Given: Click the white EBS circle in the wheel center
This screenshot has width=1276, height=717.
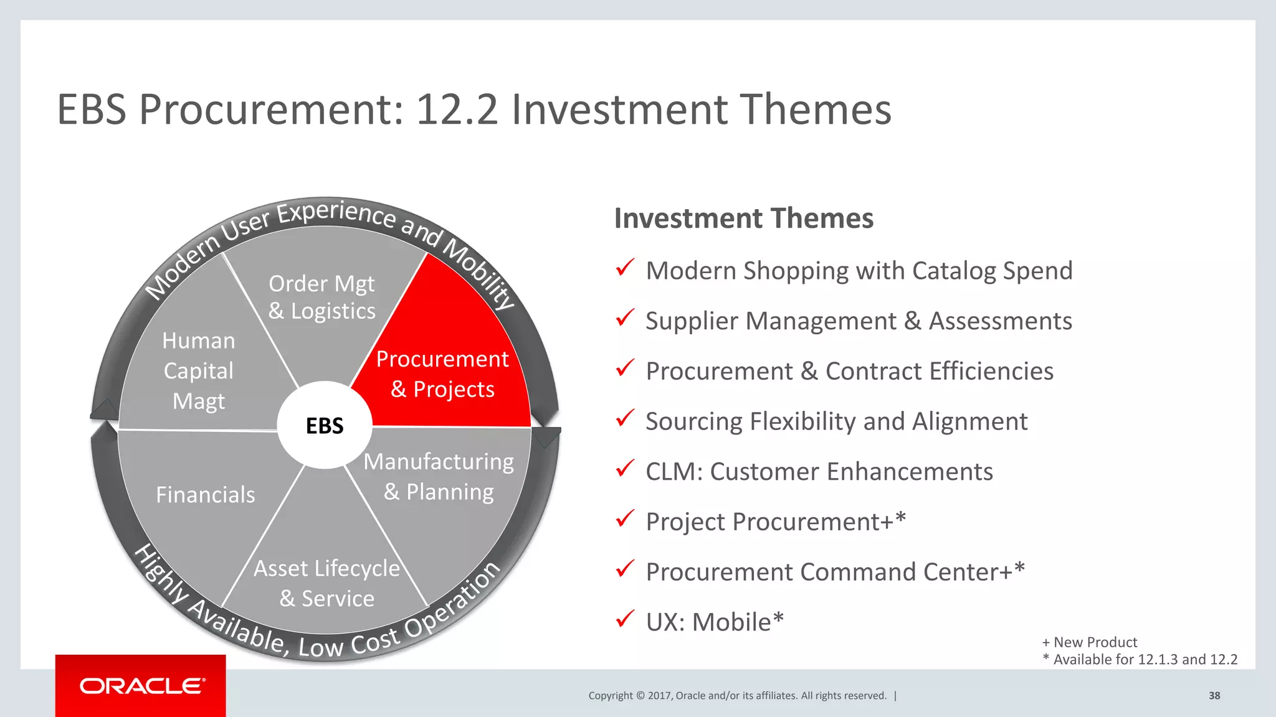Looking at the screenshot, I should [325, 425].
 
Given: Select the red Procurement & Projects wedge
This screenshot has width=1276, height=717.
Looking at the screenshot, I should [443, 373].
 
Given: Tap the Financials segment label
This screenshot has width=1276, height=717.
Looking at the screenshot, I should [205, 495].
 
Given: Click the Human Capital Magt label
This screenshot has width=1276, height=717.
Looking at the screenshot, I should [199, 371].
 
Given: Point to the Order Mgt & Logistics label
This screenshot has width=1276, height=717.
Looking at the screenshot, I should [321, 297].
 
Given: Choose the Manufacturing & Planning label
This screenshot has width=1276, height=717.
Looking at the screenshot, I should [439, 476].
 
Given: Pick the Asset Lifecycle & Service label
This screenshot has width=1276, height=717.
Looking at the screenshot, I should [326, 583].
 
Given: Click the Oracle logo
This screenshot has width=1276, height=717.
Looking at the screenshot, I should [141, 686].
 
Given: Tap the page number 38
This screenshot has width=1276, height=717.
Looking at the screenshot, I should [1214, 696].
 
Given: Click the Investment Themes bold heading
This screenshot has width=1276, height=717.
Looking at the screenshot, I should [743, 218].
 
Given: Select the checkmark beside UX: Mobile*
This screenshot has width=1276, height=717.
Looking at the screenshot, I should [624, 619].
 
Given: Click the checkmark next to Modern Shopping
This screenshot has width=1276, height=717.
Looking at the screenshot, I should [624, 268].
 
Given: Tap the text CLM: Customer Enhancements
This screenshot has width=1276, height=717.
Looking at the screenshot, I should [819, 472].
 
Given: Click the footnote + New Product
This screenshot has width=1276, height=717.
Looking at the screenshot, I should [1089, 642].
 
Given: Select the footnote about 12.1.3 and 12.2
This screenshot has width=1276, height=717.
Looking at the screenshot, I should [1140, 660].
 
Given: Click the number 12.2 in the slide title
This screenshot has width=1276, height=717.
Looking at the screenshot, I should [457, 110].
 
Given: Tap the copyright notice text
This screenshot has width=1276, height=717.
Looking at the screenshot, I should [737, 696].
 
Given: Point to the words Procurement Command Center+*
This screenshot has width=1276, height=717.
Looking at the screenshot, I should [835, 572].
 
